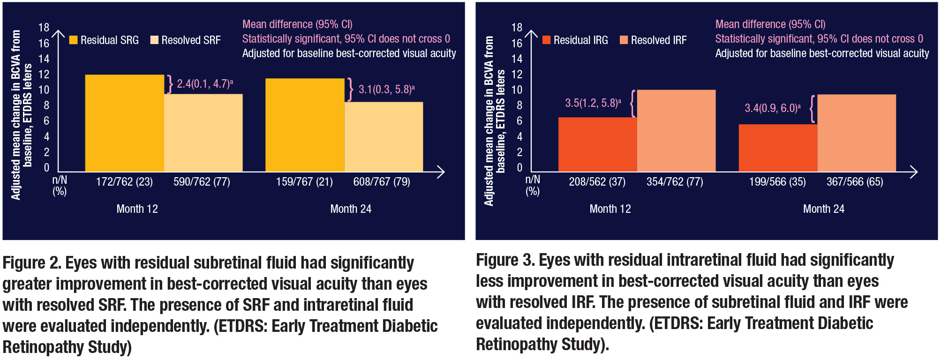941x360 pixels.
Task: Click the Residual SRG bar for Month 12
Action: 124,123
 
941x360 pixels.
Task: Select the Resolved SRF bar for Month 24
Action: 384,136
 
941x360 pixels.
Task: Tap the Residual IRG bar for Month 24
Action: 777,148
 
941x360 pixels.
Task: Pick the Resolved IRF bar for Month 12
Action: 676,130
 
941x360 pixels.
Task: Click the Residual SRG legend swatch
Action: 73,40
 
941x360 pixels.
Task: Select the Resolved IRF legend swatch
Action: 624,40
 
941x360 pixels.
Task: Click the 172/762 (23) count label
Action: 124,182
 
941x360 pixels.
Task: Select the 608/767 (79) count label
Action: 381,182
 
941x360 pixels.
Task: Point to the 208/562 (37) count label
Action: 597,182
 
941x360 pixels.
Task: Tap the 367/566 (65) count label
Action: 854,182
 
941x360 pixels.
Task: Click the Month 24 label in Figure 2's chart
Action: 351,209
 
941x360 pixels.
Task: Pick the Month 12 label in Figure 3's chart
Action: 610,209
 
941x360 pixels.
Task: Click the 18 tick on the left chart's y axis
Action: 44,28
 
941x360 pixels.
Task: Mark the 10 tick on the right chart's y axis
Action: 517,90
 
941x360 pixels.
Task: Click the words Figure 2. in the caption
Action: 31,263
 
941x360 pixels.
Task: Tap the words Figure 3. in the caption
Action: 505,260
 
